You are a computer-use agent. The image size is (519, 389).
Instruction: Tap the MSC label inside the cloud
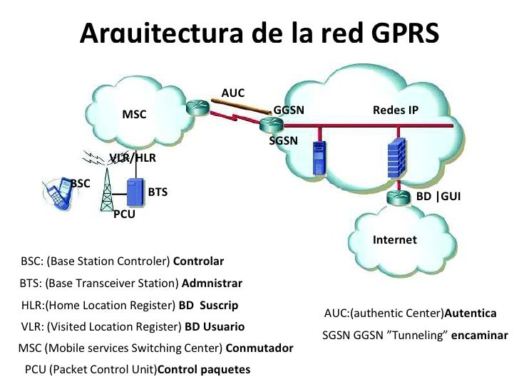point(134,114)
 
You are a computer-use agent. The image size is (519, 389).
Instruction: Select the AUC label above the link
point(232,93)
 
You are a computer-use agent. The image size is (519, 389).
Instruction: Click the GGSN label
point(289,110)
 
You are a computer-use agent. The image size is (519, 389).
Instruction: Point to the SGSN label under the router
point(283,141)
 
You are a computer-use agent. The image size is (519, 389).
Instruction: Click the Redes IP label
point(395,110)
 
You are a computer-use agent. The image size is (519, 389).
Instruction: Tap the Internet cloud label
point(394,240)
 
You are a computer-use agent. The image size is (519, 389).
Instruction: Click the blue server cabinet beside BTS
point(133,192)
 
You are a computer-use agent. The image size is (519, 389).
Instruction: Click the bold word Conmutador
point(259,348)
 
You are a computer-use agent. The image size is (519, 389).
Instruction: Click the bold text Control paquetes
point(203,370)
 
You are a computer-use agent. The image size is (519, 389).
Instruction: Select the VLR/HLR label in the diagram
point(133,157)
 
